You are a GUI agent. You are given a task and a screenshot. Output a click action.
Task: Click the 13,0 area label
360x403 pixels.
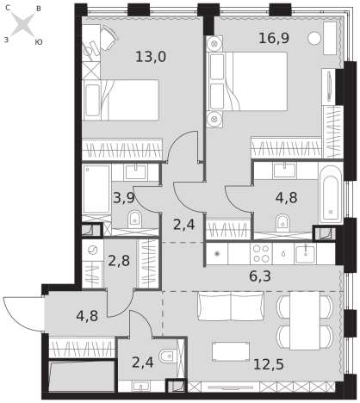[x=151, y=57]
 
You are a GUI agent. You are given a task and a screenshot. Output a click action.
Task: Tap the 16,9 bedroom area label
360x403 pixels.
[x=274, y=38]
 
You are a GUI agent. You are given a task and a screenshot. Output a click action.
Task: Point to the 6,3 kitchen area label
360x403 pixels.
[x=260, y=276]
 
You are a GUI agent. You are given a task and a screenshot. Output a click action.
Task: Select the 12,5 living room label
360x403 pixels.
[x=269, y=364]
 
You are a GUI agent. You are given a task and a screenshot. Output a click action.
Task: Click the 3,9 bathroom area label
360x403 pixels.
[x=124, y=198]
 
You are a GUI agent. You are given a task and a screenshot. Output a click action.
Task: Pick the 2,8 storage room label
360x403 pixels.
[x=119, y=261]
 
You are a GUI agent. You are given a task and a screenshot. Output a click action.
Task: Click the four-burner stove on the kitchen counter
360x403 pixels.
[x=261, y=254]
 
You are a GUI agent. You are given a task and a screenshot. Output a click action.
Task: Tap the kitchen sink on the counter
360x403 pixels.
[x=306, y=254]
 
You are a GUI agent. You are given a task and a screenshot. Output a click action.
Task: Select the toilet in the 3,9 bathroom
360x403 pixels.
[x=134, y=219]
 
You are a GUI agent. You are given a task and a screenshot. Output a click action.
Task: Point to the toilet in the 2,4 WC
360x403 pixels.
[x=167, y=356]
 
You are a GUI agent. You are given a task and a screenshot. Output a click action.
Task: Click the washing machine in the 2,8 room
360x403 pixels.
[x=93, y=251]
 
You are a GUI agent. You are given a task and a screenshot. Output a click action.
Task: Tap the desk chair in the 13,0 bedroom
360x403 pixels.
[x=109, y=36]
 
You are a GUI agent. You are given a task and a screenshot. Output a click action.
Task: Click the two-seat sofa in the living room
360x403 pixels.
[x=231, y=306]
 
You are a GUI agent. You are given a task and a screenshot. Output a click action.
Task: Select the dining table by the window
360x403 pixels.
[x=305, y=320]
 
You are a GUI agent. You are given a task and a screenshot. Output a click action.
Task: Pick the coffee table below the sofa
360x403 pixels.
[x=231, y=351]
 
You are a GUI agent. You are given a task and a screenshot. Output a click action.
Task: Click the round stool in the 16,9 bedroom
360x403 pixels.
[x=314, y=38]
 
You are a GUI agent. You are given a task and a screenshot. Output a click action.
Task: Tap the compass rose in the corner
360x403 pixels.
[x=22, y=25]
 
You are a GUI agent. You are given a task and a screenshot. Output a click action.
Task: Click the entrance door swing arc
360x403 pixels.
[x=16, y=315]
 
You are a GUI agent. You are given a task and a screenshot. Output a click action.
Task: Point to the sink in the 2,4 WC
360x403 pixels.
[x=141, y=386]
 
